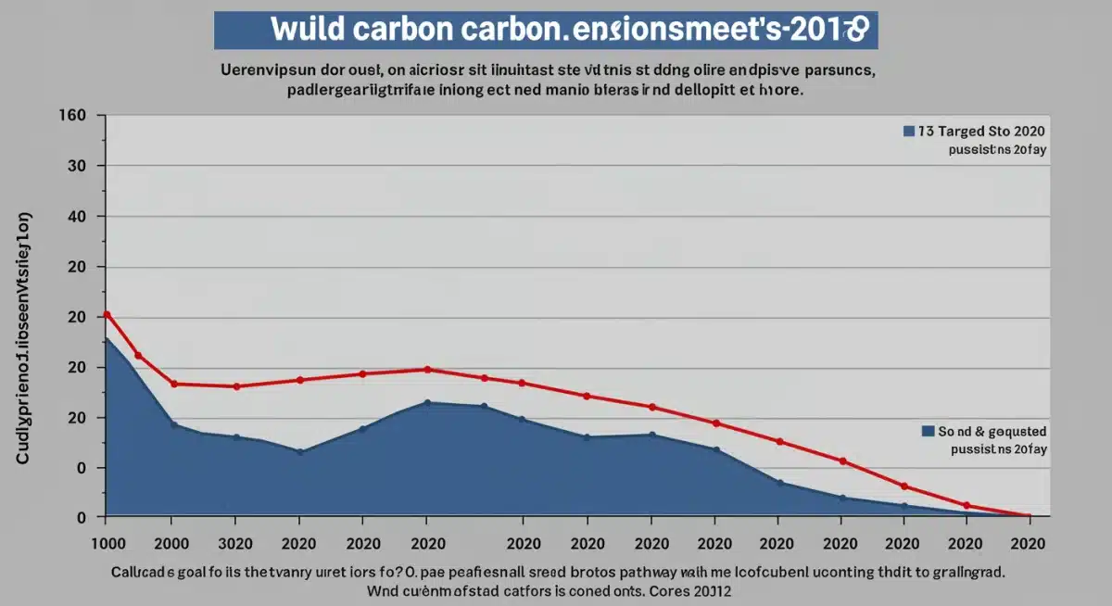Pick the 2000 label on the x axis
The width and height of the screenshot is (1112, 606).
point(172,544)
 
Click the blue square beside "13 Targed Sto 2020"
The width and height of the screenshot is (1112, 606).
point(908,132)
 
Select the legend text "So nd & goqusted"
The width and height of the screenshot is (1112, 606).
point(992,431)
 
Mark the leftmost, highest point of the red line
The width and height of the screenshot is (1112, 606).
point(107,314)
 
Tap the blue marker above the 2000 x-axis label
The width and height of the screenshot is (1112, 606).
point(173,424)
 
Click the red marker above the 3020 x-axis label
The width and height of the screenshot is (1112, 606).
point(236,386)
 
